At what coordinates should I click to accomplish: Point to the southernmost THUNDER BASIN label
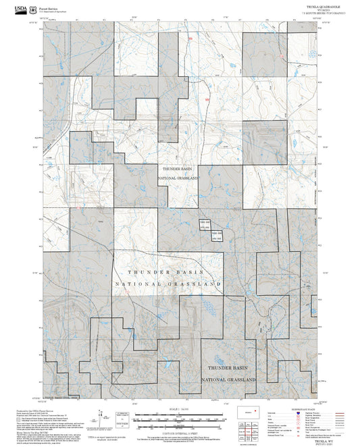232,369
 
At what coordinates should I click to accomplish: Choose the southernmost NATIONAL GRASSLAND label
232,379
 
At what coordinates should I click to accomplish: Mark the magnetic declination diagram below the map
122,419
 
